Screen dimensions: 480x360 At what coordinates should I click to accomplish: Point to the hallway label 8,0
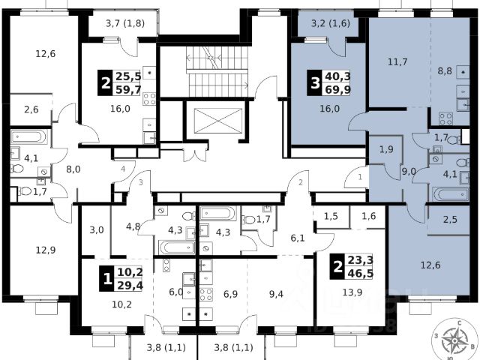(73, 169)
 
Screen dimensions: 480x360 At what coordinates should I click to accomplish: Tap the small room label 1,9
(387, 149)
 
